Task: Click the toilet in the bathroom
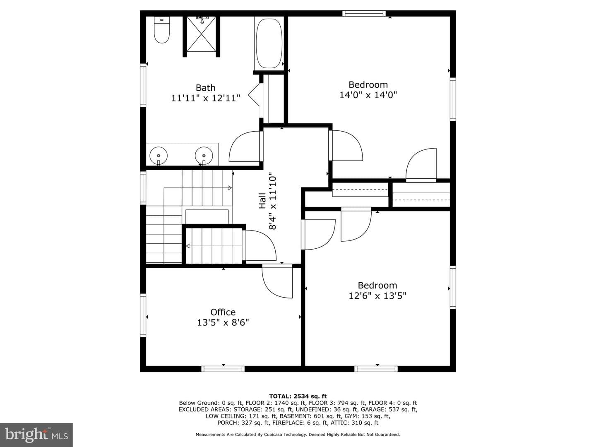click(161, 29)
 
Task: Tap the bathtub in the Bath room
click(269, 43)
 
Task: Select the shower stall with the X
click(202, 34)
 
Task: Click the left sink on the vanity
click(159, 156)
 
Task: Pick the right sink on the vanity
click(204, 156)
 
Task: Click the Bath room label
click(206, 88)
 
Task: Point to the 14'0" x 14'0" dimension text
click(368, 95)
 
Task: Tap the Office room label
click(223, 312)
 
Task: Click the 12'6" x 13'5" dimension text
click(377, 296)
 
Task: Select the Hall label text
click(262, 201)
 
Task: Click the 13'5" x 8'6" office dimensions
click(223, 322)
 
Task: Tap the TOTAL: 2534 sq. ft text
click(298, 396)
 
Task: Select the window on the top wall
click(364, 13)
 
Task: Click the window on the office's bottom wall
click(223, 369)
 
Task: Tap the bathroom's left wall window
click(143, 85)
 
